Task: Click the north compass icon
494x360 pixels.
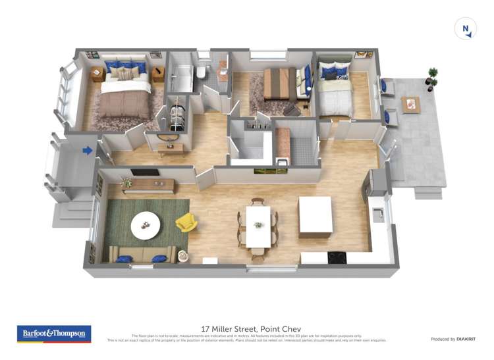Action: pyautogui.click(x=466, y=29)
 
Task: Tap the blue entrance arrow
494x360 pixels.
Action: pyautogui.click(x=87, y=151)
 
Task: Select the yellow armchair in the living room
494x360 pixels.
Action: pyautogui.click(x=186, y=222)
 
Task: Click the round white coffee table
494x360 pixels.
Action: pyautogui.click(x=146, y=226)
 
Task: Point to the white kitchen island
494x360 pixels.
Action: pyautogui.click(x=316, y=216)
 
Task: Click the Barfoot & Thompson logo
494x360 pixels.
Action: pyautogui.click(x=54, y=334)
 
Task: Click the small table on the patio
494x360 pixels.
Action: pyautogui.click(x=411, y=104)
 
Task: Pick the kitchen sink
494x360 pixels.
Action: pyautogui.click(x=378, y=214)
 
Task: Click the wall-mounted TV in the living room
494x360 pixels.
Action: pyautogui.click(x=144, y=172)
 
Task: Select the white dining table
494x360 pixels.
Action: pyautogui.click(x=258, y=226)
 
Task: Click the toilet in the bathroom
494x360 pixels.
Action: pyautogui.click(x=202, y=71)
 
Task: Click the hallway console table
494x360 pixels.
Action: pyautogui.click(x=171, y=150)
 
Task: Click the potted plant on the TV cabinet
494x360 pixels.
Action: pyautogui.click(x=126, y=182)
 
